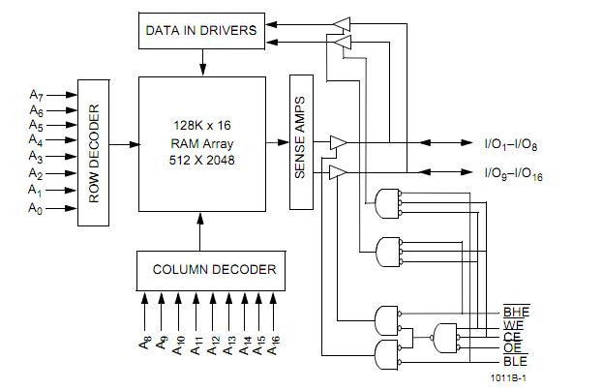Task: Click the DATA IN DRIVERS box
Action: pyautogui.click(x=201, y=31)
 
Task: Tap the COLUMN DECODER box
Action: pyautogui.click(x=213, y=269)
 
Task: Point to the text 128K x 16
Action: pyautogui.click(x=201, y=127)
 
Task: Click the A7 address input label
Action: pyautogui.click(x=36, y=95)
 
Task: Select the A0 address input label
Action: pyautogui.click(x=36, y=208)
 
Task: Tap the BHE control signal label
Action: pyautogui.click(x=515, y=312)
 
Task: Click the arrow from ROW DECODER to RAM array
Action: pyautogui.click(x=125, y=144)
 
